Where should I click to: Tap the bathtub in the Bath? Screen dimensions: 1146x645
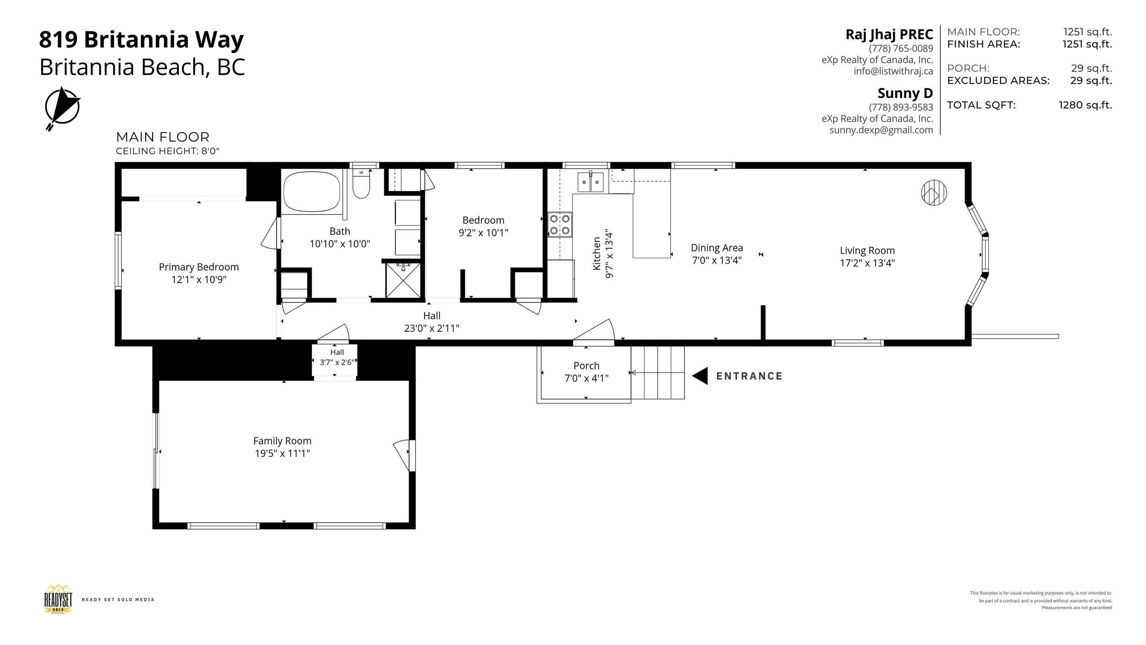click(x=311, y=192)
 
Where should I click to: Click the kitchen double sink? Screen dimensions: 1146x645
click(x=591, y=182)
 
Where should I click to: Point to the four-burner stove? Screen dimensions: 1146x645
click(x=560, y=224)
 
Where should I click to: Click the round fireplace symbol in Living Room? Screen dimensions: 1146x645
click(x=933, y=193)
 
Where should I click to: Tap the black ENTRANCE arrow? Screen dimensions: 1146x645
click(x=700, y=376)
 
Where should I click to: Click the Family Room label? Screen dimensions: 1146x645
click(x=282, y=441)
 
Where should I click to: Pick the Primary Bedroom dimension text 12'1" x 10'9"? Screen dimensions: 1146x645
click(x=199, y=280)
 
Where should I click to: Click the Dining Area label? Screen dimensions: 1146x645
click(x=717, y=247)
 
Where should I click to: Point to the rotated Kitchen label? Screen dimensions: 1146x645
click(x=597, y=253)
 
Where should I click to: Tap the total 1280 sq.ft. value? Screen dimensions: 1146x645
click(x=1085, y=105)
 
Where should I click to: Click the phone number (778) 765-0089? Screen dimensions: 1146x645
click(x=901, y=48)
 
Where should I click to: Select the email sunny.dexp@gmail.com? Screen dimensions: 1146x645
click(x=881, y=130)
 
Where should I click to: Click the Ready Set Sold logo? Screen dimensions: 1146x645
click(x=58, y=599)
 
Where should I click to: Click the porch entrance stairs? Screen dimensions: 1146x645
click(x=658, y=373)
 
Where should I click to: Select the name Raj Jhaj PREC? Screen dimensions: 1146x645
click(x=889, y=34)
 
